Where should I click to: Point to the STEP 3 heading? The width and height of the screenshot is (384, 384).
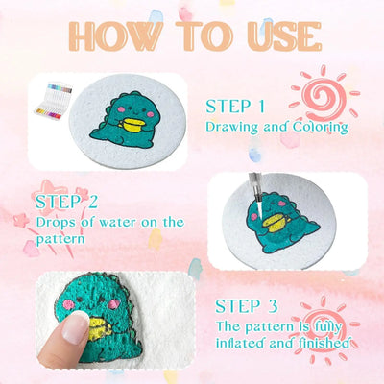click(249, 307)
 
